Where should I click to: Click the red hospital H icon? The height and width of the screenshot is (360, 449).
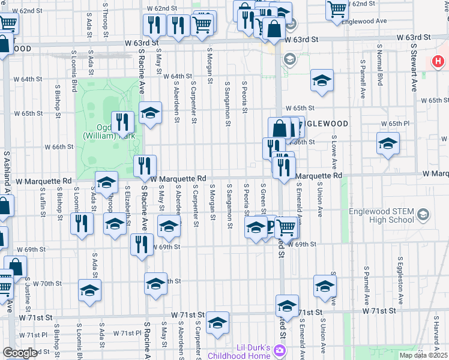pyautogui.click(x=439, y=62)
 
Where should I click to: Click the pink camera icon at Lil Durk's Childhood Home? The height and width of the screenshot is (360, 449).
pyautogui.click(x=279, y=349)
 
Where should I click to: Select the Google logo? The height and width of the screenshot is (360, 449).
pyautogui.click(x=20, y=353)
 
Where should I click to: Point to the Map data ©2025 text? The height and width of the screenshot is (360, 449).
pyautogui.click(x=423, y=355)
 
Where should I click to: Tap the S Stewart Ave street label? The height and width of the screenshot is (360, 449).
pyautogui.click(x=414, y=67)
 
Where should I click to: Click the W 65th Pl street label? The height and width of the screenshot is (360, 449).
pyautogui.click(x=398, y=124)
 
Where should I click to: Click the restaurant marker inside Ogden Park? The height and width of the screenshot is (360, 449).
pyautogui.click(x=122, y=122)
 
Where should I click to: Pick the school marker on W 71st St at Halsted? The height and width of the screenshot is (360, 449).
pyautogui.click(x=287, y=306)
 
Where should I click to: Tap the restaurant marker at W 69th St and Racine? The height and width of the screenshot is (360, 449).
pyautogui.click(x=142, y=245)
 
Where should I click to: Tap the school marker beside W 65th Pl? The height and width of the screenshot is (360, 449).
pyautogui.click(x=388, y=143)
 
